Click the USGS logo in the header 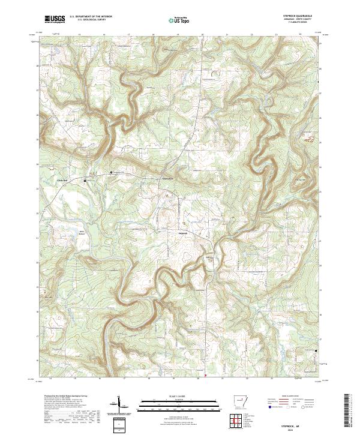[55, 19]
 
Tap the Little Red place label [63, 179]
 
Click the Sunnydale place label [164, 178]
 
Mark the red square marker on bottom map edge [206, 377]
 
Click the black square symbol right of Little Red [85, 180]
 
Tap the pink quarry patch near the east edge [310, 140]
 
